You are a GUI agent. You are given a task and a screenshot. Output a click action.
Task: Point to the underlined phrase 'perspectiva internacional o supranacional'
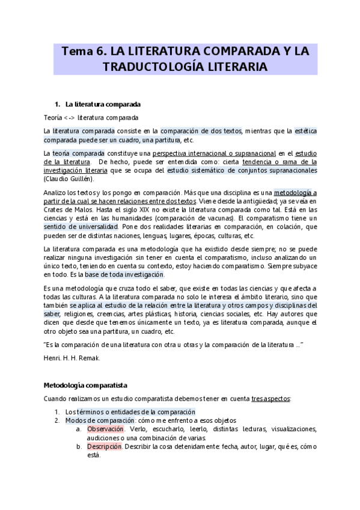pyautogui.click(x=218, y=153)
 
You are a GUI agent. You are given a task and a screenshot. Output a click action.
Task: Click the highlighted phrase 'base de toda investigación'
pyautogui.click(x=124, y=274)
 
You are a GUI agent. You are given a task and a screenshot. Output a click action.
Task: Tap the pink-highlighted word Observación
pyautogui.click(x=105, y=429)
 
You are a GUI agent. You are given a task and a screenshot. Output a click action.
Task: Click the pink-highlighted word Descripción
pyautogui.click(x=105, y=447)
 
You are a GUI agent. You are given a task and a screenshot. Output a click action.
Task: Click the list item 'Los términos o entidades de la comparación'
pyautogui.click(x=130, y=411)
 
